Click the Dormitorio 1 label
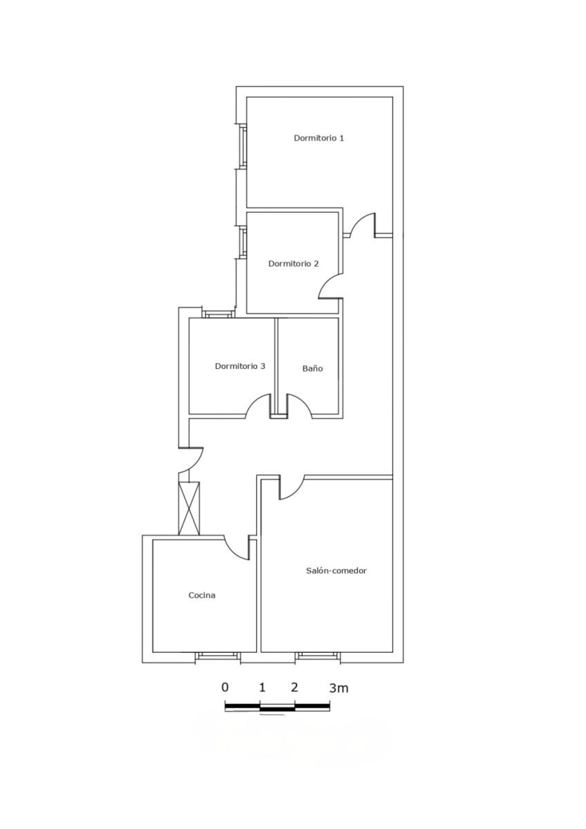[319, 138]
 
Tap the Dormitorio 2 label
[293, 263]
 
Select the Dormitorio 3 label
[240, 366]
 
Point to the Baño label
[313, 368]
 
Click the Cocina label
[202, 595]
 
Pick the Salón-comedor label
[336, 570]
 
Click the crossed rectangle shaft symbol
[189, 508]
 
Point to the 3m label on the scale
[338, 688]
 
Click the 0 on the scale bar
[225, 687]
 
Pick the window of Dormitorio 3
[217, 314]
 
